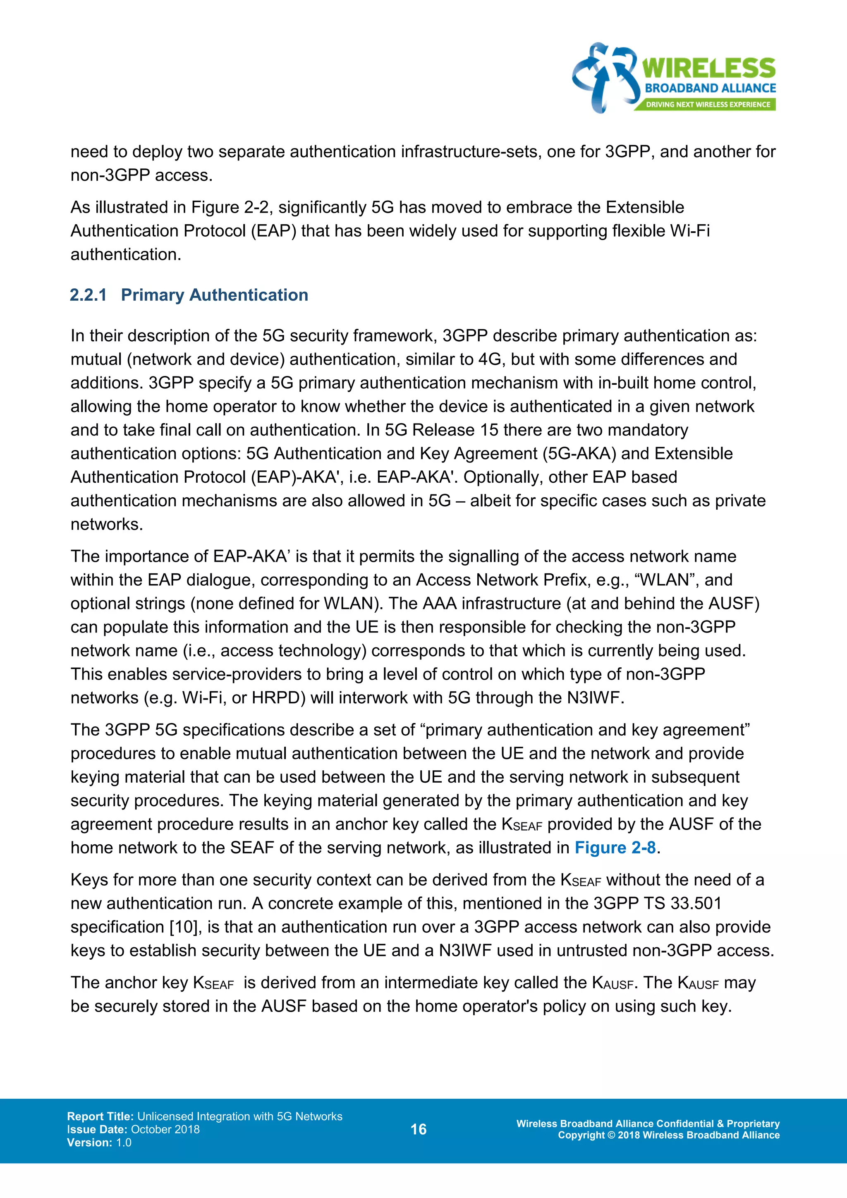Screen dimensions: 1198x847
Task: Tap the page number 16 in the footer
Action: (x=418, y=1129)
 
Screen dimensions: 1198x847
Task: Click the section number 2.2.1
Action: (x=88, y=295)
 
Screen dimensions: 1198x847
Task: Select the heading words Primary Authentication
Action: (x=214, y=295)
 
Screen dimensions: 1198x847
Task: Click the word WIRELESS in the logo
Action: (x=708, y=69)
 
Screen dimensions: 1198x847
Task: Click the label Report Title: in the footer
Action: (x=100, y=1116)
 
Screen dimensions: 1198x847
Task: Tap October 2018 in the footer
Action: (x=165, y=1129)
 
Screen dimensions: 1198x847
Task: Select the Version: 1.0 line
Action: (x=99, y=1142)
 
